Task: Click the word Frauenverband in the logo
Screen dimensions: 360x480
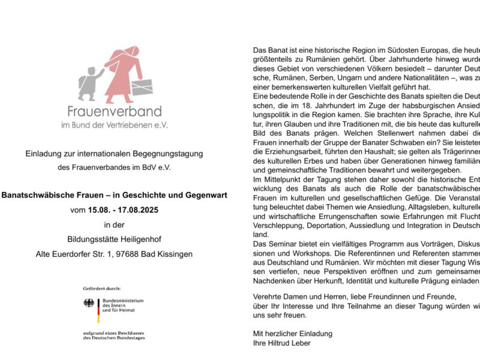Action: click(x=114, y=111)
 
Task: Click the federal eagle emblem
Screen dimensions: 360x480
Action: click(x=89, y=303)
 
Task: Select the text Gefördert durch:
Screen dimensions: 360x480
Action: click(x=102, y=288)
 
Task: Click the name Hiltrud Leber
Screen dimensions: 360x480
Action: click(x=289, y=343)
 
